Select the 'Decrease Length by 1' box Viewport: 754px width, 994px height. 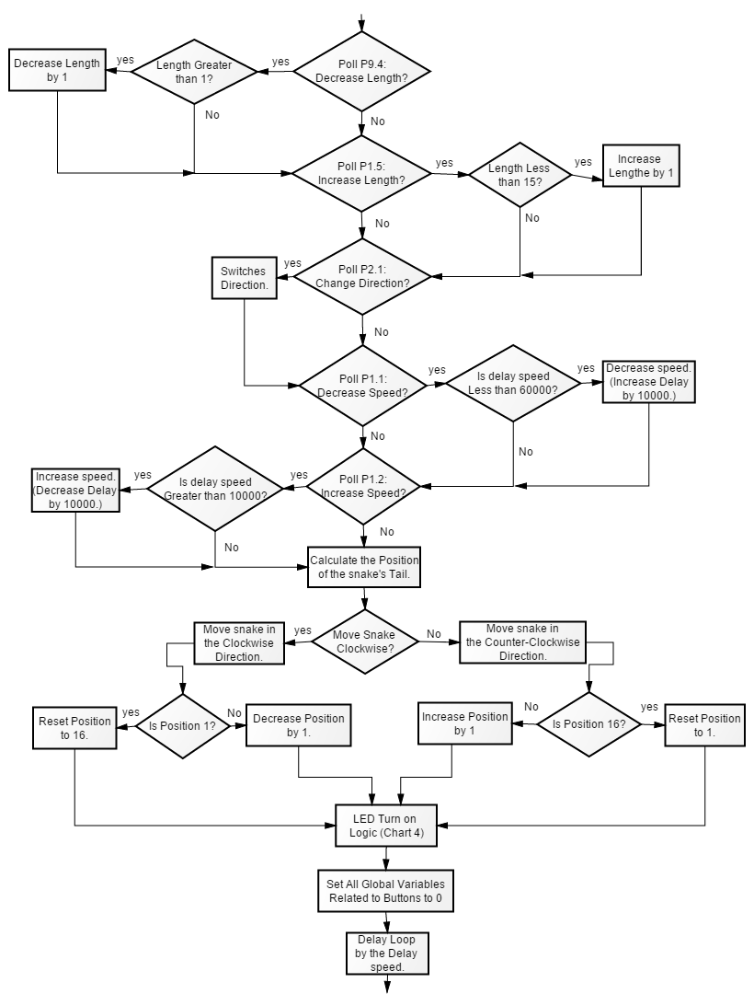click(x=57, y=69)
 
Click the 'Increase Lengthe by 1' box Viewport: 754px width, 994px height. click(x=639, y=166)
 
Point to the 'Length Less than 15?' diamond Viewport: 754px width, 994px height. click(x=520, y=175)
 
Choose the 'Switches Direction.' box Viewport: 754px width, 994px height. click(x=245, y=279)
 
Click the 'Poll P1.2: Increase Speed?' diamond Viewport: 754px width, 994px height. click(x=362, y=485)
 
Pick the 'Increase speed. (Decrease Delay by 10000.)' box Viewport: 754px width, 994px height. click(x=75, y=490)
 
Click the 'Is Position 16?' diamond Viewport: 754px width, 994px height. click(x=588, y=724)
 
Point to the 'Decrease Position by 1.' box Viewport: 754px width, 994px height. click(x=299, y=725)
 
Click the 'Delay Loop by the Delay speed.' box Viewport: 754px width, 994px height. click(x=387, y=953)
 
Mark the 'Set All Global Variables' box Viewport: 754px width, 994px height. click(x=385, y=890)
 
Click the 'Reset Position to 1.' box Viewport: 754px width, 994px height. click(x=703, y=725)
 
